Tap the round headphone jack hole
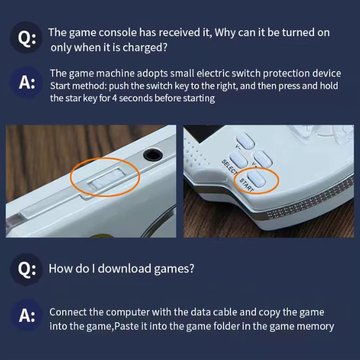(152, 154)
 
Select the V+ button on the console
(263, 159)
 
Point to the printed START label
(246, 184)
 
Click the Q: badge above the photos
(26, 39)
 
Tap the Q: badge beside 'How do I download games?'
(26, 269)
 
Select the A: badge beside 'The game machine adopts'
(26, 83)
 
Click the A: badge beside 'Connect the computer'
(26, 316)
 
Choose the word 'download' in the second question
(125, 268)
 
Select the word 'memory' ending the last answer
(315, 326)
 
